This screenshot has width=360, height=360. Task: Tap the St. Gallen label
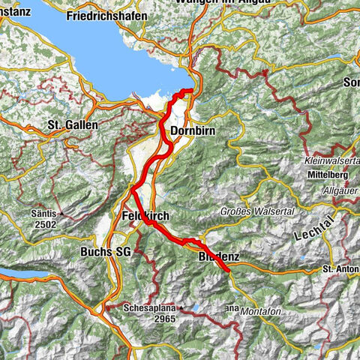(x=69, y=124)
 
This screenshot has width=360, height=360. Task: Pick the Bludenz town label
(x=219, y=256)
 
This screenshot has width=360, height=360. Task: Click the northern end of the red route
(x=191, y=91)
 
